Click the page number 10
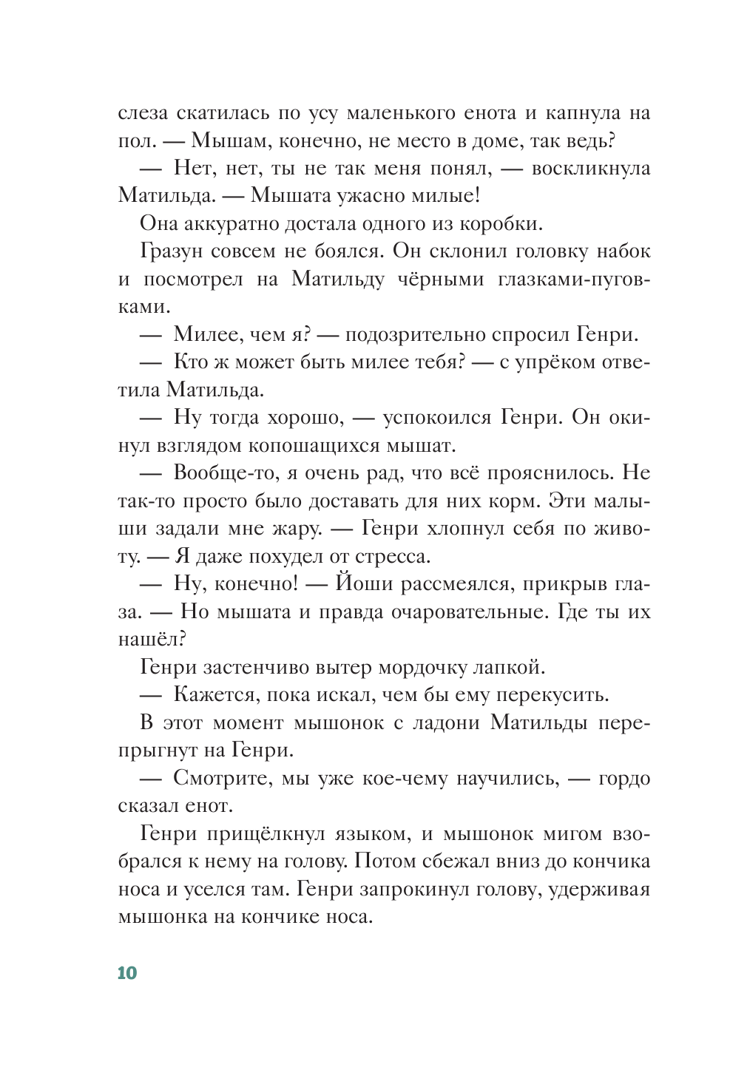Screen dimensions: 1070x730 point(127,972)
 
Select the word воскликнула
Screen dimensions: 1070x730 point(591,169)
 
